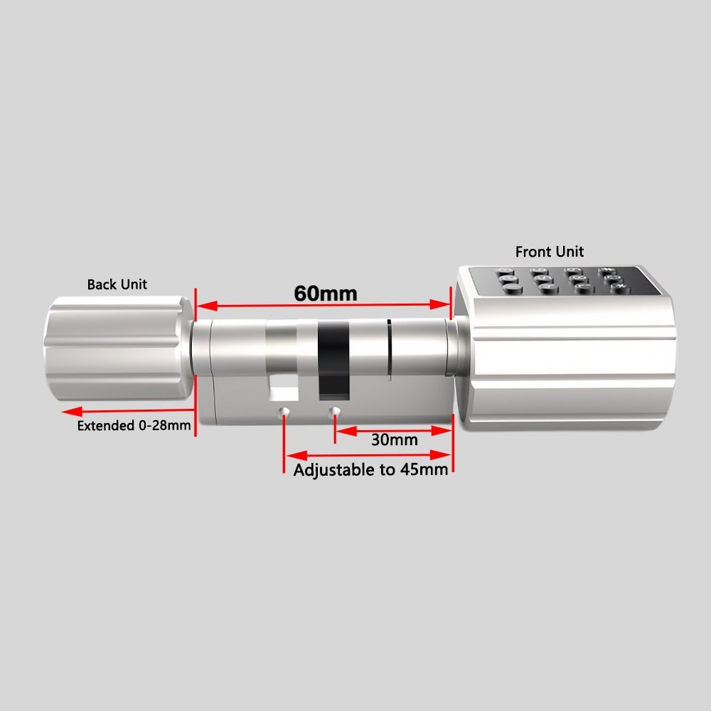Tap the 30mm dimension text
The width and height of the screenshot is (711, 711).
pos(395,440)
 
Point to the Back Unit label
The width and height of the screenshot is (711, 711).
pos(117,284)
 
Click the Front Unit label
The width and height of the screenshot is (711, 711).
pos(549,252)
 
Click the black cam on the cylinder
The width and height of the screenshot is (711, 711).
pos(332,359)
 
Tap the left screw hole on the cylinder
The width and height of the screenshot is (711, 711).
pos(284,412)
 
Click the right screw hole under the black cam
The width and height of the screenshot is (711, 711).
pos(334,412)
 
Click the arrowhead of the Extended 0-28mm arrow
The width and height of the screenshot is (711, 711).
pos(65,411)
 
